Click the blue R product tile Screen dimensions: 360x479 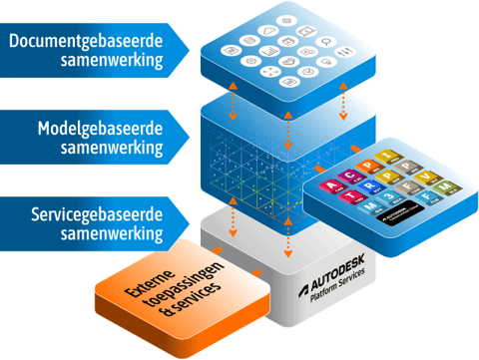370,186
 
